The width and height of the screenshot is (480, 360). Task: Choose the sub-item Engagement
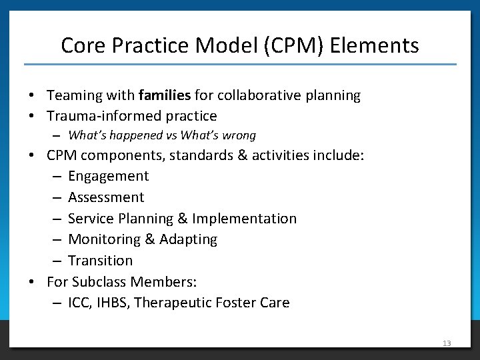click(x=108, y=176)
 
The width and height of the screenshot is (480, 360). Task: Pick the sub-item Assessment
click(x=106, y=197)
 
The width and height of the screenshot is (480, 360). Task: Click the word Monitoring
click(x=105, y=239)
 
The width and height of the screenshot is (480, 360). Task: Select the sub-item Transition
click(x=100, y=260)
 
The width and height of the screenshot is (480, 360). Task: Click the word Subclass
click(x=101, y=281)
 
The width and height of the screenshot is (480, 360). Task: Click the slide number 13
click(x=446, y=343)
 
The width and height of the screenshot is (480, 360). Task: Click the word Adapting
click(x=188, y=239)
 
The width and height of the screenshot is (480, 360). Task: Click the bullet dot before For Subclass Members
click(x=32, y=281)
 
